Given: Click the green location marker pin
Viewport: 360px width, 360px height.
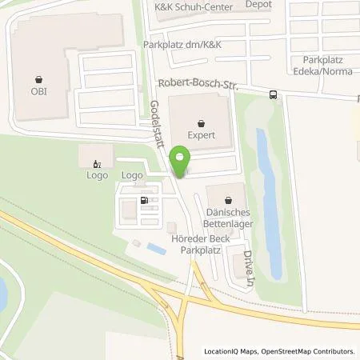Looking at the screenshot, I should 181,162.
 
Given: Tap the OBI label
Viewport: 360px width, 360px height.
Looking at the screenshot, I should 39,91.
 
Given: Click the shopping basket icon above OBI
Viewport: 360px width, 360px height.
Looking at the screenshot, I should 39,78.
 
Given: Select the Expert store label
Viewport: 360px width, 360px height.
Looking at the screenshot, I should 200,137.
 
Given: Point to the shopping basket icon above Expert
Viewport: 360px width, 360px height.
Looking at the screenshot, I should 200,123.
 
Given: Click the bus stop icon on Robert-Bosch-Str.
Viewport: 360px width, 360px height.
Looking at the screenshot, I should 274,94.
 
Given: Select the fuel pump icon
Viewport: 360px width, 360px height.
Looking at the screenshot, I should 144,201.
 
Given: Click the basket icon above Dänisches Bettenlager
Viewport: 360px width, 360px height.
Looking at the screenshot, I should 230,199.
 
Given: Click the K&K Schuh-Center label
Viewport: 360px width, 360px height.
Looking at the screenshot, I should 193,7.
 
